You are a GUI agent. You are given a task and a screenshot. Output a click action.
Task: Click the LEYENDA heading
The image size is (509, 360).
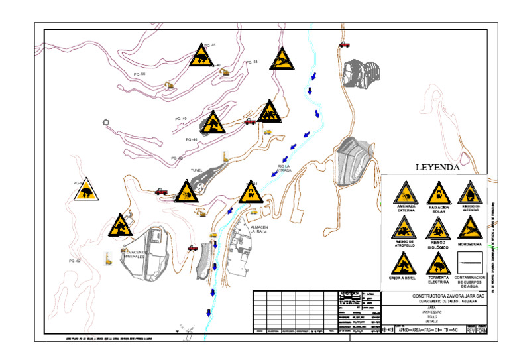click(x=437, y=168)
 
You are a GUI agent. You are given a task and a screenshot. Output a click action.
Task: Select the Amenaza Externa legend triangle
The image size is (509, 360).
click(x=406, y=194)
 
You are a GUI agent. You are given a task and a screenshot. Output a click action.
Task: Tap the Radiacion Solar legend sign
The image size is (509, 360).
click(x=438, y=194)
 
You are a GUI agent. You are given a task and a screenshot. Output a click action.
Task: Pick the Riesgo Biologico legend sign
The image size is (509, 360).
click(x=438, y=229)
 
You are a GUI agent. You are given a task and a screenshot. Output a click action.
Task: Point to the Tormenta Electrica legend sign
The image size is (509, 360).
click(x=438, y=264)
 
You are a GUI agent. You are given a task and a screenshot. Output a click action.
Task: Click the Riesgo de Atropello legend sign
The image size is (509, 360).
click(x=405, y=229)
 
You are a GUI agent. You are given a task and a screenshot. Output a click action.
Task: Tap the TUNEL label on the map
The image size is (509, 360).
click(x=197, y=170)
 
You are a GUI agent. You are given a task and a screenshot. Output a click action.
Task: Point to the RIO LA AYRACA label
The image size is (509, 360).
click(x=284, y=168)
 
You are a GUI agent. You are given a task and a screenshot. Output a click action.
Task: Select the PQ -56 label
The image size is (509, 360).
click(x=139, y=74)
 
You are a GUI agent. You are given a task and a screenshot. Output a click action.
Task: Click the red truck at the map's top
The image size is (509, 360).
click(x=345, y=44)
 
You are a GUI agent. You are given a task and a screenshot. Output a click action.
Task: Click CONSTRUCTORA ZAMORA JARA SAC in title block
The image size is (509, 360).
click(x=449, y=296)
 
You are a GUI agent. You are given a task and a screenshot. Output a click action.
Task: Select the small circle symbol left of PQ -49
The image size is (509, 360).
click(x=105, y=122)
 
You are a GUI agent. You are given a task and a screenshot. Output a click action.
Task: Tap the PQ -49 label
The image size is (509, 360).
click(x=180, y=119)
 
